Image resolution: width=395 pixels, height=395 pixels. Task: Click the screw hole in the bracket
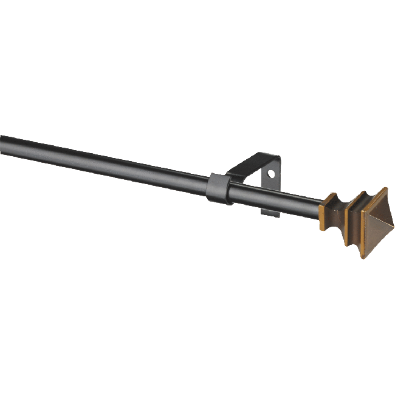coord(271,174)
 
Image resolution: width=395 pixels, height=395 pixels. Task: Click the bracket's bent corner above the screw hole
coord(276,159)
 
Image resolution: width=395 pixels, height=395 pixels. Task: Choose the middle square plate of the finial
coord(352,219)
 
